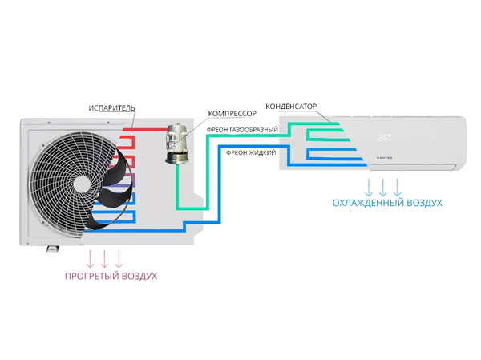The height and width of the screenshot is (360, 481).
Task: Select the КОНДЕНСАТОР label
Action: (x=292, y=106)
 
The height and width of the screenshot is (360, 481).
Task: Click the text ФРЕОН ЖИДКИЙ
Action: (x=251, y=152)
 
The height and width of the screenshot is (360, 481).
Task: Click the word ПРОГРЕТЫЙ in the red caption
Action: (x=92, y=276)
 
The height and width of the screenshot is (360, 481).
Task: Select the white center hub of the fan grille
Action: (x=81, y=184)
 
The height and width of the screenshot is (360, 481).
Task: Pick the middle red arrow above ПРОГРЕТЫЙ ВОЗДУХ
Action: (x=104, y=258)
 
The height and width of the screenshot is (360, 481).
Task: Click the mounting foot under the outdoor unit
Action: (x=51, y=248)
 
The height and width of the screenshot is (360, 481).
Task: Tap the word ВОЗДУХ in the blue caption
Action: (x=422, y=203)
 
